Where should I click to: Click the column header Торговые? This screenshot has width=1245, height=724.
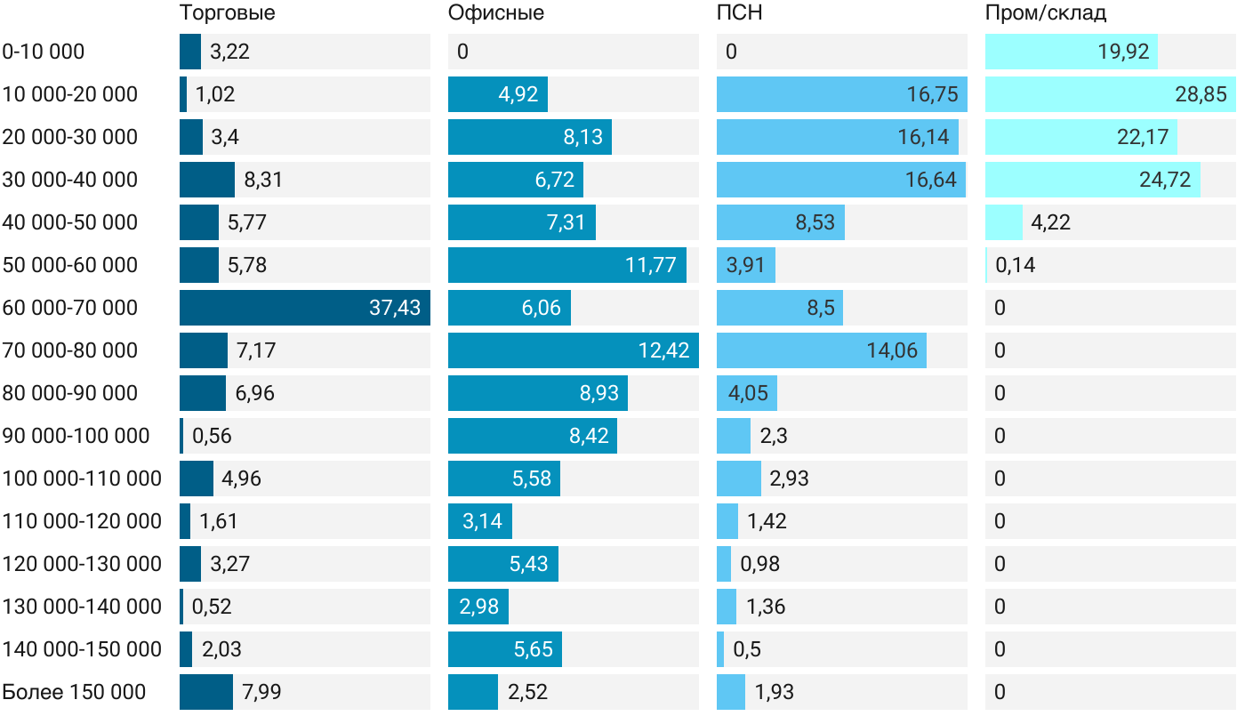tap(227, 13)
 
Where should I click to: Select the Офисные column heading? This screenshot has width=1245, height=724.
tap(495, 13)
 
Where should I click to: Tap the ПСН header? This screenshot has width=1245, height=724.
tap(739, 13)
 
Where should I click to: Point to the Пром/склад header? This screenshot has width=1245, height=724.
tap(1045, 13)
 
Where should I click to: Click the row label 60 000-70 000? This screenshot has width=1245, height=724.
tap(70, 308)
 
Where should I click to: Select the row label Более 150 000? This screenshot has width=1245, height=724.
tap(74, 692)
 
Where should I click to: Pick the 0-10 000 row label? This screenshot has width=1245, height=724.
tap(44, 52)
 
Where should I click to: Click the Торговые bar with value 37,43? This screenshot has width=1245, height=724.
tap(304, 308)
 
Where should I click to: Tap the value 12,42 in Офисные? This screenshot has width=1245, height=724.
tap(663, 350)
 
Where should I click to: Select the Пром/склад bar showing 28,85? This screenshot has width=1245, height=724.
tap(1109, 94)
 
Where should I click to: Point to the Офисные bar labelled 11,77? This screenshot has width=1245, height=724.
tap(566, 265)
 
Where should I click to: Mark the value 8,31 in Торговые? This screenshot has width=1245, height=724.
tap(263, 180)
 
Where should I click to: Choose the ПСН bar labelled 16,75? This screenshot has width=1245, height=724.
tap(841, 94)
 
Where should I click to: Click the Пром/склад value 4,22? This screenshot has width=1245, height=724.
tap(1050, 222)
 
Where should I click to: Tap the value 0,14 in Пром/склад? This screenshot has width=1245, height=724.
tap(1015, 265)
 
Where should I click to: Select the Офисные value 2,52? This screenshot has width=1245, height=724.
tap(528, 692)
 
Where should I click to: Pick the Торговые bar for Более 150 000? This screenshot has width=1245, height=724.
tap(205, 692)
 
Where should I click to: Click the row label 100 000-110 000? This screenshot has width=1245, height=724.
tap(82, 479)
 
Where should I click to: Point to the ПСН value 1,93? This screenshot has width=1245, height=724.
tap(775, 692)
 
